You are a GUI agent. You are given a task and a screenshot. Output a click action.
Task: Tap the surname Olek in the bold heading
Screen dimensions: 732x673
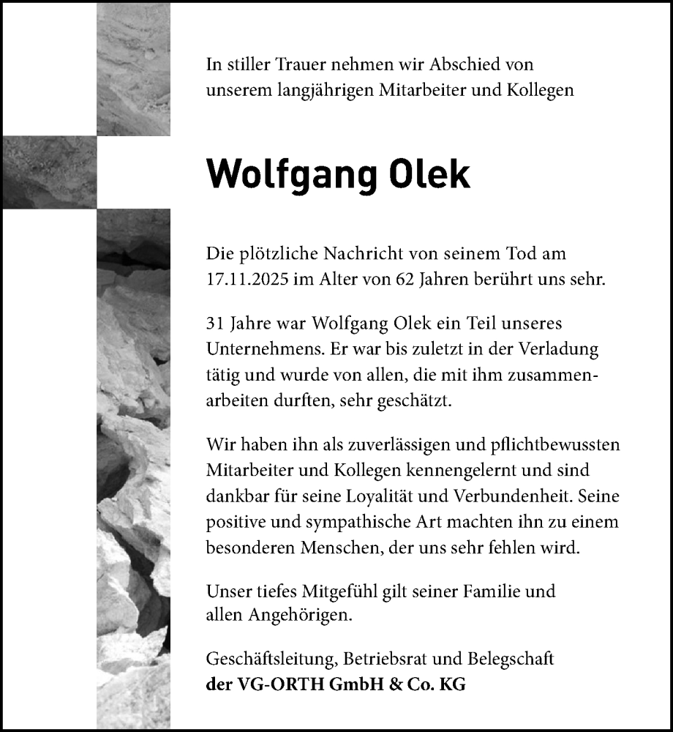(430, 174)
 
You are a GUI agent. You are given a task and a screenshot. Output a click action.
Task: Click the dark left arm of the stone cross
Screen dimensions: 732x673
(49, 172)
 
